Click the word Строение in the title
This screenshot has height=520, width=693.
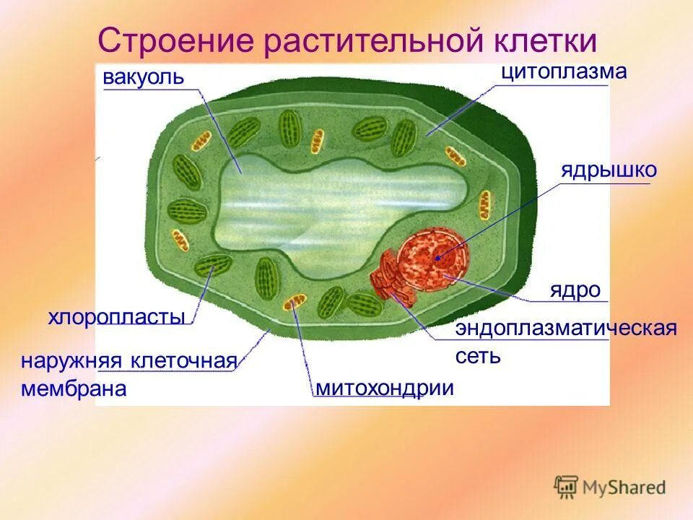click(x=173, y=42)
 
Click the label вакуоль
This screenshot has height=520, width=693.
click(x=144, y=77)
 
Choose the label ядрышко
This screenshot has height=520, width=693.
click(x=609, y=170)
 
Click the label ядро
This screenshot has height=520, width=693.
click(x=575, y=290)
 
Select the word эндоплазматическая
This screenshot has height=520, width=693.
click(x=566, y=329)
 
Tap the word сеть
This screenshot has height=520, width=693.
click(x=477, y=356)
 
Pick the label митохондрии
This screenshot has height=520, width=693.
click(x=385, y=388)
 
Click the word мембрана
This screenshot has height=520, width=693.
click(x=74, y=389)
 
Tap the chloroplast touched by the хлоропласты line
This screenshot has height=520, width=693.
click(x=214, y=265)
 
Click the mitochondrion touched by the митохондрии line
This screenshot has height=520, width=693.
click(x=293, y=301)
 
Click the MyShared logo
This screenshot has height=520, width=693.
click(x=610, y=487)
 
